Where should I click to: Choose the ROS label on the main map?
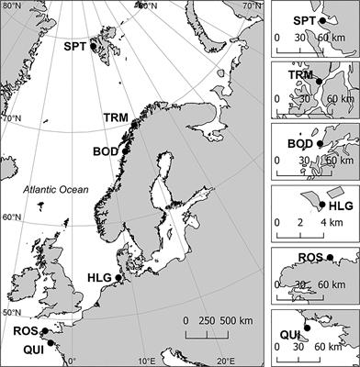26,331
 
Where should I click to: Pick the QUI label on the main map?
26,349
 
